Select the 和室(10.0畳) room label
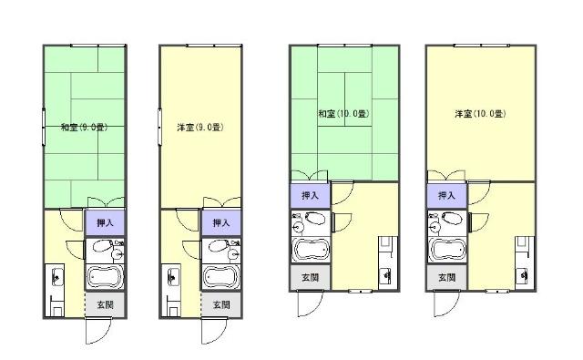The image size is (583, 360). coord(343,114)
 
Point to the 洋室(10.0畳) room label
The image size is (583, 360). coord(480,114)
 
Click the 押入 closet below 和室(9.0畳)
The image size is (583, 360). coord(106,222)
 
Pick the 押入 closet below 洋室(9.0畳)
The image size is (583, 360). coord(221,222)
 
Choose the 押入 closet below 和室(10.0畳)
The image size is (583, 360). coord(310,195)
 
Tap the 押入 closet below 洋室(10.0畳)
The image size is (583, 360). coord(446,195)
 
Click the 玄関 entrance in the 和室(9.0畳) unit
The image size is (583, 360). coord(106,304)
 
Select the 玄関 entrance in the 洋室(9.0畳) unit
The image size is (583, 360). coord(221,304)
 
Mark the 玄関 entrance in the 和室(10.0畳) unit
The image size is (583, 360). coord(310,277)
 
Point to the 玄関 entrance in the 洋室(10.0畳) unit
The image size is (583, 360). coord(446,277)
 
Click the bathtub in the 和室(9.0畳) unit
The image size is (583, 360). coord(106,277)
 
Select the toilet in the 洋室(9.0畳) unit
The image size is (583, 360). coord(218,247)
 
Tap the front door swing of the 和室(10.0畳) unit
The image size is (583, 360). coord(308,303)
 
